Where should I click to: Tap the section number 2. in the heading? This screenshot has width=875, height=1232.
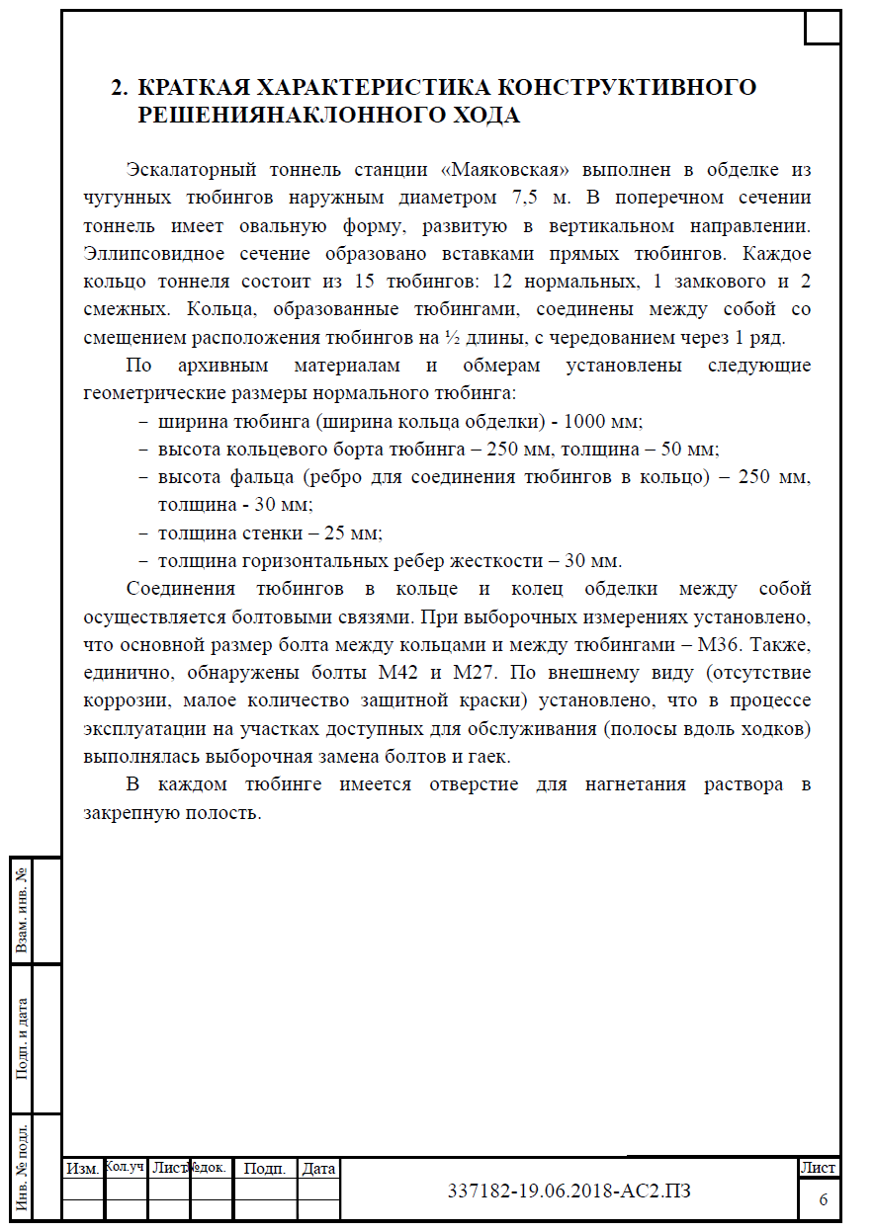[x=120, y=87]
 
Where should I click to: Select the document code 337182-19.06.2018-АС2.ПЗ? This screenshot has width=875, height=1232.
[x=569, y=1191]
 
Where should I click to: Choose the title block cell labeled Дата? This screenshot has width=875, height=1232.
[x=319, y=1169]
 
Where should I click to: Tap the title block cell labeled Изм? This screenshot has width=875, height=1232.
[x=82, y=1169]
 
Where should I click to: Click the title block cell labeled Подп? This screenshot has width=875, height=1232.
[x=264, y=1169]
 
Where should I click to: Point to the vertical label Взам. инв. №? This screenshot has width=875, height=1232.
[x=20, y=910]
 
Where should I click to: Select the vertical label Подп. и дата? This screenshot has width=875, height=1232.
[x=20, y=1037]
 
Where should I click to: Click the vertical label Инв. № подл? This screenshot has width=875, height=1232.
[x=20, y=1166]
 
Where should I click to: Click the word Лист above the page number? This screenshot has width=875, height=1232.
[x=819, y=1168]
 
